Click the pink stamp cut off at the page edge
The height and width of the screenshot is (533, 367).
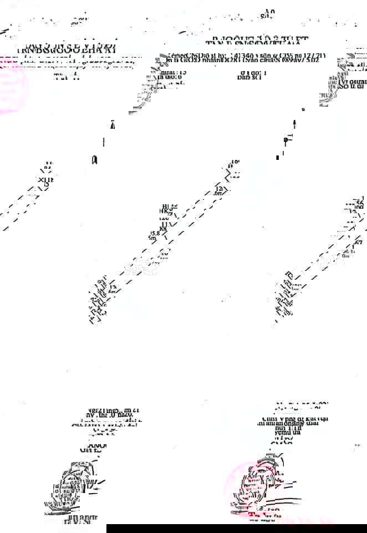click(x=11, y=87)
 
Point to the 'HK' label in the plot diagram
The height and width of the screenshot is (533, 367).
click(x=164, y=211)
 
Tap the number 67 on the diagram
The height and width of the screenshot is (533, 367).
click(x=359, y=243)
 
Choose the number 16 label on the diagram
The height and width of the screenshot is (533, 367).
click(x=234, y=162)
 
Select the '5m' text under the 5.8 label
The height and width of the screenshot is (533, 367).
click(x=152, y=239)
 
